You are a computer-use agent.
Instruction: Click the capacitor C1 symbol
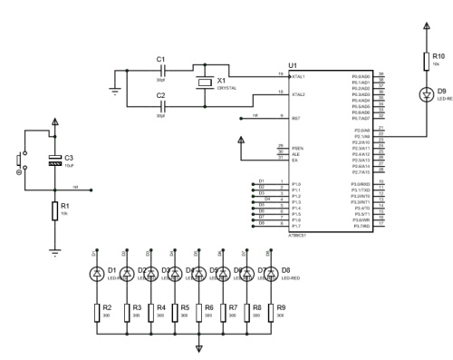pyautogui.click(x=161, y=68)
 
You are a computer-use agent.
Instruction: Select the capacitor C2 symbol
pyautogui.click(x=161, y=105)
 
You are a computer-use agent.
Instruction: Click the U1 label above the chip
pyautogui.click(x=292, y=64)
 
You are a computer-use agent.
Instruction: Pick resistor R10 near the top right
pyautogui.click(x=426, y=62)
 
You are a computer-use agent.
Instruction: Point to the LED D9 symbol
pyautogui.click(x=426, y=92)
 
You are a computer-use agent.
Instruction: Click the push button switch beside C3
pyautogui.click(x=19, y=162)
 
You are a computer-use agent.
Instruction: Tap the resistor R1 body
pyautogui.click(x=55, y=211)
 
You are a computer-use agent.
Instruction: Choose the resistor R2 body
pyautogui.click(x=97, y=312)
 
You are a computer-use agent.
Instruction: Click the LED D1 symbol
pyautogui.click(x=97, y=273)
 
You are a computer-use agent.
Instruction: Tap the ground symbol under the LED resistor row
pyautogui.click(x=199, y=348)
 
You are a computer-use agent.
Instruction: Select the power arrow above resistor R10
pyautogui.click(x=426, y=28)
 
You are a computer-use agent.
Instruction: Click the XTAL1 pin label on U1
pyautogui.click(x=297, y=76)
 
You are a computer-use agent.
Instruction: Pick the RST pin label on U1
pyautogui.click(x=294, y=117)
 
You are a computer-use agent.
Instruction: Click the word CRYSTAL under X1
pyautogui.click(x=226, y=88)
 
